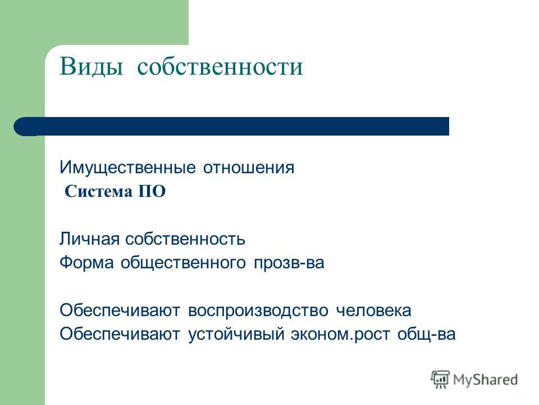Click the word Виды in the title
91,66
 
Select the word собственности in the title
220,66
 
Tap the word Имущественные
127,168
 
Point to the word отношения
249,168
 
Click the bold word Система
98,191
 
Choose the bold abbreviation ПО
152,191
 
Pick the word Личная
89,239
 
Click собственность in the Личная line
185,239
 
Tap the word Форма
86,263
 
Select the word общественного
183,263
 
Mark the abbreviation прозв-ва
289,263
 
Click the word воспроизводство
258,310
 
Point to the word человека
373,310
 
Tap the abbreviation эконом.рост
340,335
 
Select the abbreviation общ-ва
426,334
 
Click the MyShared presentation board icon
440,380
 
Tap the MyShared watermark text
485,380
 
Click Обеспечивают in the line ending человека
120,310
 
